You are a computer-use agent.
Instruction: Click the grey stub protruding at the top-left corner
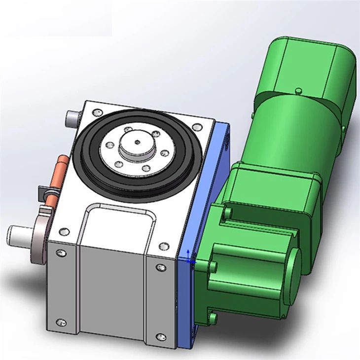click(x=72, y=117)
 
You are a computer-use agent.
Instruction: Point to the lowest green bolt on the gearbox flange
click(x=213, y=316)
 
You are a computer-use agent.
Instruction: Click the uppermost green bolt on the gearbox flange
click(x=227, y=213)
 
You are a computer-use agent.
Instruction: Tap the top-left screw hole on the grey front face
click(x=61, y=253)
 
